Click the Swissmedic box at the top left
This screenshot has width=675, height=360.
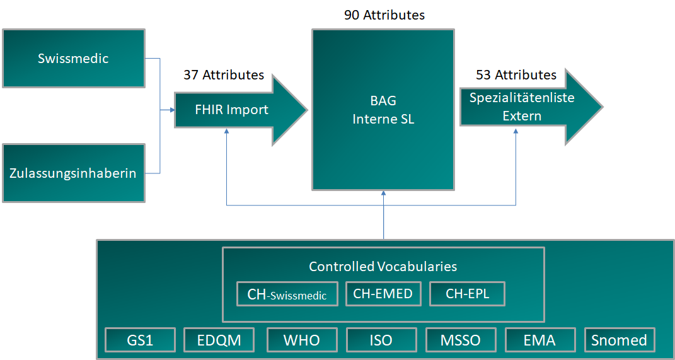coord(74,58)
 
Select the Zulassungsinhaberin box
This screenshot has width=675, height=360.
coord(74,173)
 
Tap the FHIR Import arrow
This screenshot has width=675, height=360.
coord(231,110)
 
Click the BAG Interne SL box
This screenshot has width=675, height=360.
coord(383,110)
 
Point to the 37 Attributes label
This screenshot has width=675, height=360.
coord(224,75)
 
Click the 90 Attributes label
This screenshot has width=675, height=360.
coord(384,15)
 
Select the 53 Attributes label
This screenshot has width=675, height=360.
coord(516,75)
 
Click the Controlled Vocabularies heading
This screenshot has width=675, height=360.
coord(383,266)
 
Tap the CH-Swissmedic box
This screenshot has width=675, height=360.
coord(287,294)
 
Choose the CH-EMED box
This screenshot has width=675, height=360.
coord(383,294)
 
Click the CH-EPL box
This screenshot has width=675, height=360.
coord(467,294)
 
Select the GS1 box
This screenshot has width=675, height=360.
coord(139,340)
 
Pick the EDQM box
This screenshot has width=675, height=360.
coord(219,340)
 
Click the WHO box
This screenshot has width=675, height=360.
coord(302,340)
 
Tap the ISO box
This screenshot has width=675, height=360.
coord(381,340)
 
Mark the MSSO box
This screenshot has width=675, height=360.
coord(461,340)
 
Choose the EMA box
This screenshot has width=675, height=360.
coord(539,340)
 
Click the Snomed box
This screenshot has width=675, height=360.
coord(620,340)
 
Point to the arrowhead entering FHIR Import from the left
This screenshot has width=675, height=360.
coord(172,110)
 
